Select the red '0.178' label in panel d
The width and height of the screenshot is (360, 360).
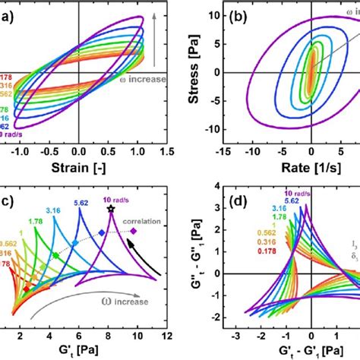coord(266,249)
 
